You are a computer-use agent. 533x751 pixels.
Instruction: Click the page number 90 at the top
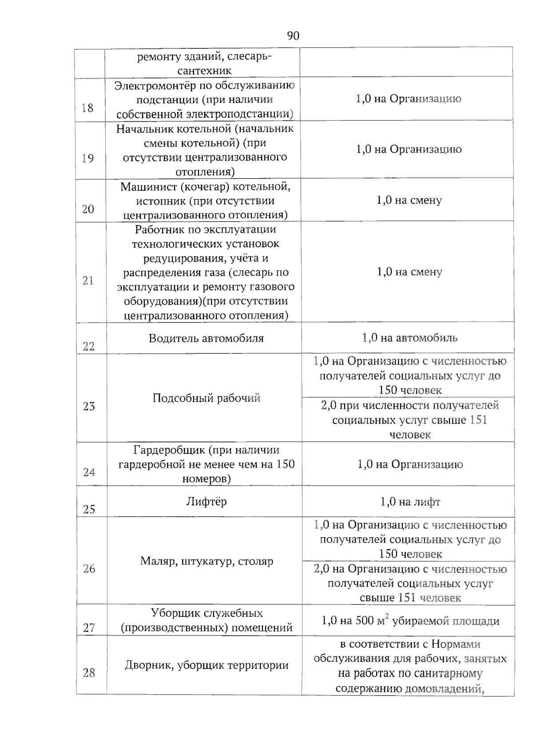293,36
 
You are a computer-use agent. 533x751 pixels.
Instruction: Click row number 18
88,108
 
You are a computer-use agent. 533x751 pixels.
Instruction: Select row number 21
88,280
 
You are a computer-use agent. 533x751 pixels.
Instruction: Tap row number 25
89,509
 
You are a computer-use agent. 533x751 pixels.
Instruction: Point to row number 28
89,673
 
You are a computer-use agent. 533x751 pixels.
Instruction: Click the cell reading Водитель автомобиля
206,338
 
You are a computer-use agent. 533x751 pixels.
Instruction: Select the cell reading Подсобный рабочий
206,398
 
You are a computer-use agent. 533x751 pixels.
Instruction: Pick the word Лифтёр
206,502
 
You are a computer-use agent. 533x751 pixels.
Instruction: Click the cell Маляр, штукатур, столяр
207,561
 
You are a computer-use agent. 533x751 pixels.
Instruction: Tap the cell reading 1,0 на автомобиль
410,338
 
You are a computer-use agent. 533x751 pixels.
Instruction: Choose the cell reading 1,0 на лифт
410,502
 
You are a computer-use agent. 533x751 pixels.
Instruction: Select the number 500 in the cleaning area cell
364,621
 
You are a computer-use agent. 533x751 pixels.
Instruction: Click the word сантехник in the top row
204,71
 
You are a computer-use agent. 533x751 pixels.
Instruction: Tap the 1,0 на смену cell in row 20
409,200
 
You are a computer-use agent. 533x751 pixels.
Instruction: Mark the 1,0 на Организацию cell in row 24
410,465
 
